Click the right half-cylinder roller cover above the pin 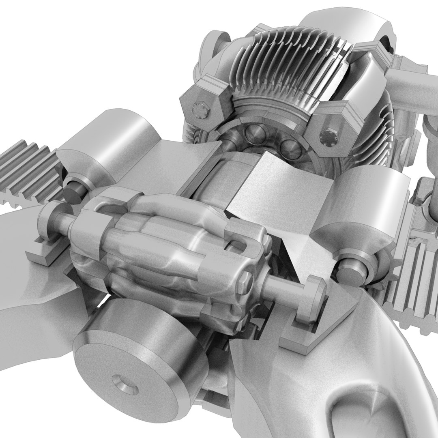point(357,203)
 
